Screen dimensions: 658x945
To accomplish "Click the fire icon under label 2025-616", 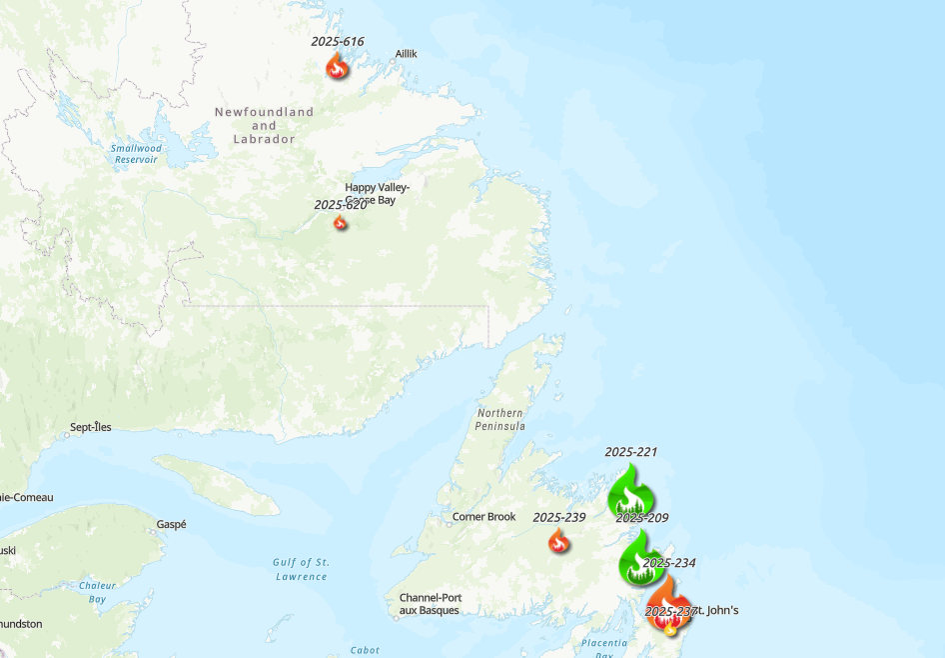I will pos(338,66).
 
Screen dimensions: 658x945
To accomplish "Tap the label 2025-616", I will pos(338,42).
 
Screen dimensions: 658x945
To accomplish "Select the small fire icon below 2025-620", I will pos(341,222).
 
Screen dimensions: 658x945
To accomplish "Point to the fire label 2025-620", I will pos(340,205).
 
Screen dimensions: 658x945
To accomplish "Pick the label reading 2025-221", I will pos(631,452).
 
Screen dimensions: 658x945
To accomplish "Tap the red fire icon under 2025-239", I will pos(558,541).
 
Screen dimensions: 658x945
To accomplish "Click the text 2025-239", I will pos(558,518).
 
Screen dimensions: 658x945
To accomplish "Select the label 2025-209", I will pos(641,518).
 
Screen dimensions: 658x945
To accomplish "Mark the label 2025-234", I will pos(668,564).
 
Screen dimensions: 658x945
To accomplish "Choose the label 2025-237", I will pos(670,611).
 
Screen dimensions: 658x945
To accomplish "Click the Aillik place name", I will pos(406,53).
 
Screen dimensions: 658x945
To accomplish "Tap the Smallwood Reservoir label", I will pos(137,154).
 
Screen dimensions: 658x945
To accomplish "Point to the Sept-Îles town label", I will pos(91,428).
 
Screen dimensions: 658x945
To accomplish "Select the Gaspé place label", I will pos(171,524).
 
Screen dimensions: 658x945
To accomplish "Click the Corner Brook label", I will pos(483,517).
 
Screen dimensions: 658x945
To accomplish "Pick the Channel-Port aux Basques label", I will pos(430,604).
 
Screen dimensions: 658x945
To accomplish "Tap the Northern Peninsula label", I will pos(500,419).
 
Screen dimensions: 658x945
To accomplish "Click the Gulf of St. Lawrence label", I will pos(301,569).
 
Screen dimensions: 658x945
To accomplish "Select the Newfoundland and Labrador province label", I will pos(264,126).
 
